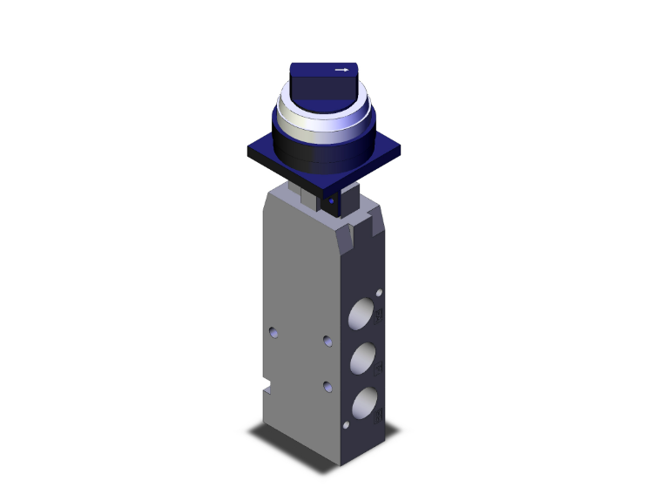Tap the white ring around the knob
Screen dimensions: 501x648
(x=323, y=118)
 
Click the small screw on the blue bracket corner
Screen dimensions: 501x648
(x=331, y=201)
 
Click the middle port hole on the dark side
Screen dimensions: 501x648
(x=364, y=357)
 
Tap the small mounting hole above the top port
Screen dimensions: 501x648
(x=381, y=288)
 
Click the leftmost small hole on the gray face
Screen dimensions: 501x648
(x=274, y=332)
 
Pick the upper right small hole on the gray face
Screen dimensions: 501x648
(x=327, y=341)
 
